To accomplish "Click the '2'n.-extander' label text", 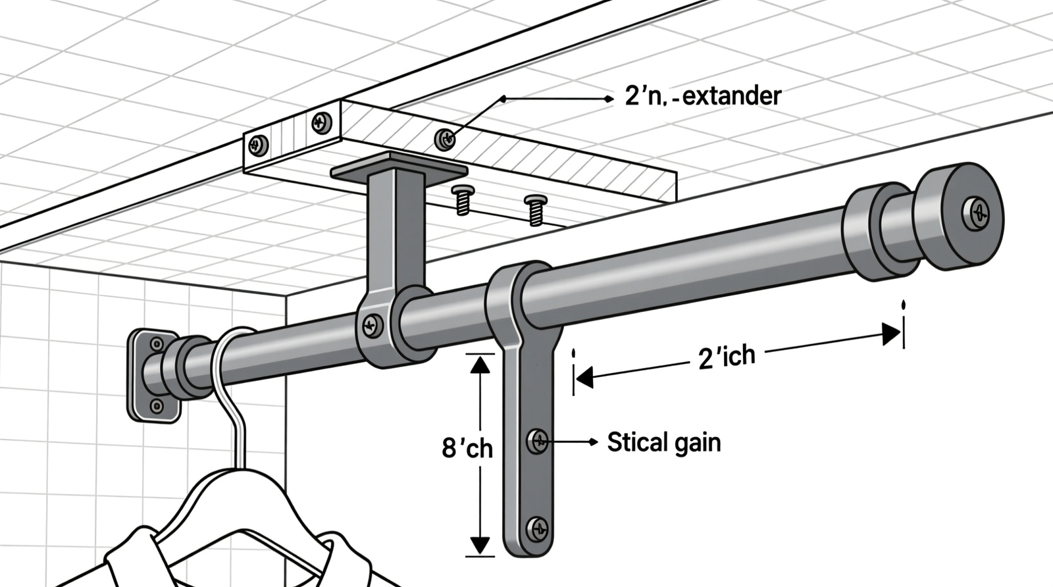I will click(702, 97).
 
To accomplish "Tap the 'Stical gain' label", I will click(663, 442).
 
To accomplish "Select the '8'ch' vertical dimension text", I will click(467, 449).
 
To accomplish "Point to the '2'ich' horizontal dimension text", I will click(726, 357).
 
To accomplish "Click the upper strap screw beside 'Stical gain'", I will click(538, 440).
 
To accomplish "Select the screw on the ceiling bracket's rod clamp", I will click(372, 324).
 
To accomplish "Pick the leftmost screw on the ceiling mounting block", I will click(259, 145).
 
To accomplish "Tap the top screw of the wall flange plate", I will click(157, 344).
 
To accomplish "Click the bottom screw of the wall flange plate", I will click(157, 407).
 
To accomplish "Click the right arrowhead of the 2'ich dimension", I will click(891, 333).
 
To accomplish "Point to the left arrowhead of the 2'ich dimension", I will click(584, 378).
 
